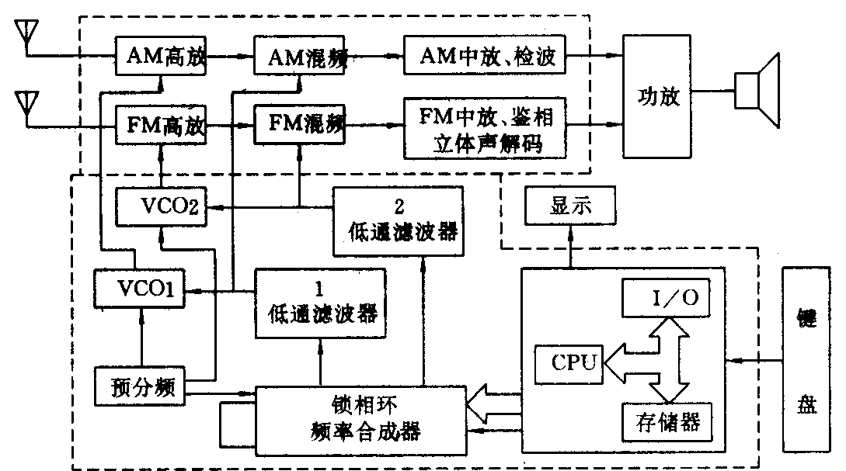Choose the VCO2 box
(x=162, y=207)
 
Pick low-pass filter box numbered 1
(x=321, y=303)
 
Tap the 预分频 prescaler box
(x=141, y=386)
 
